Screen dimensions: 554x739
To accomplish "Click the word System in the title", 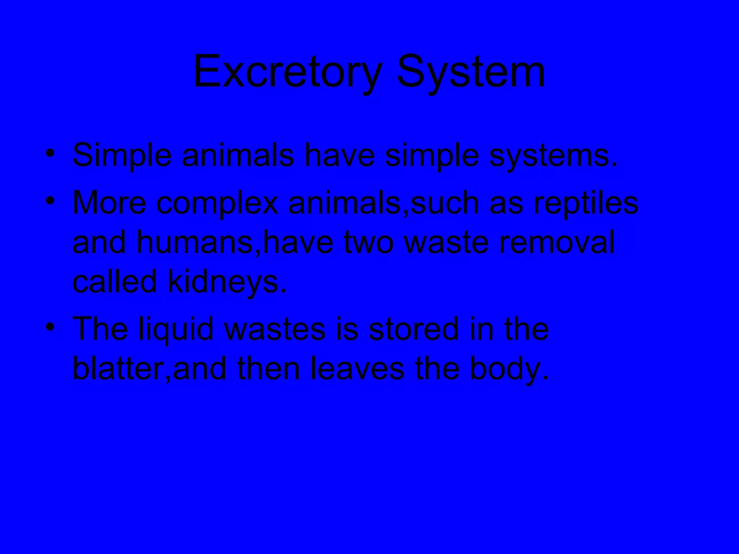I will click(x=471, y=71).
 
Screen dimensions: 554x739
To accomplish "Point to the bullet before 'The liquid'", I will click(x=50, y=327).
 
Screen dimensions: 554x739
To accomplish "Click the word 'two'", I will click(x=368, y=243).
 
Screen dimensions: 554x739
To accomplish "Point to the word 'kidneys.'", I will click(x=227, y=282).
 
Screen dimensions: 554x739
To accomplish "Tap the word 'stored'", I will click(x=413, y=330).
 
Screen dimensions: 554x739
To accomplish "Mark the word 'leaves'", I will click(x=357, y=369).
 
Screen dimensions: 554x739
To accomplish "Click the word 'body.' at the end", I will click(x=509, y=369).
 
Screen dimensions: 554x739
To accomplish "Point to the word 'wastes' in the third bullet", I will click(x=275, y=330).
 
